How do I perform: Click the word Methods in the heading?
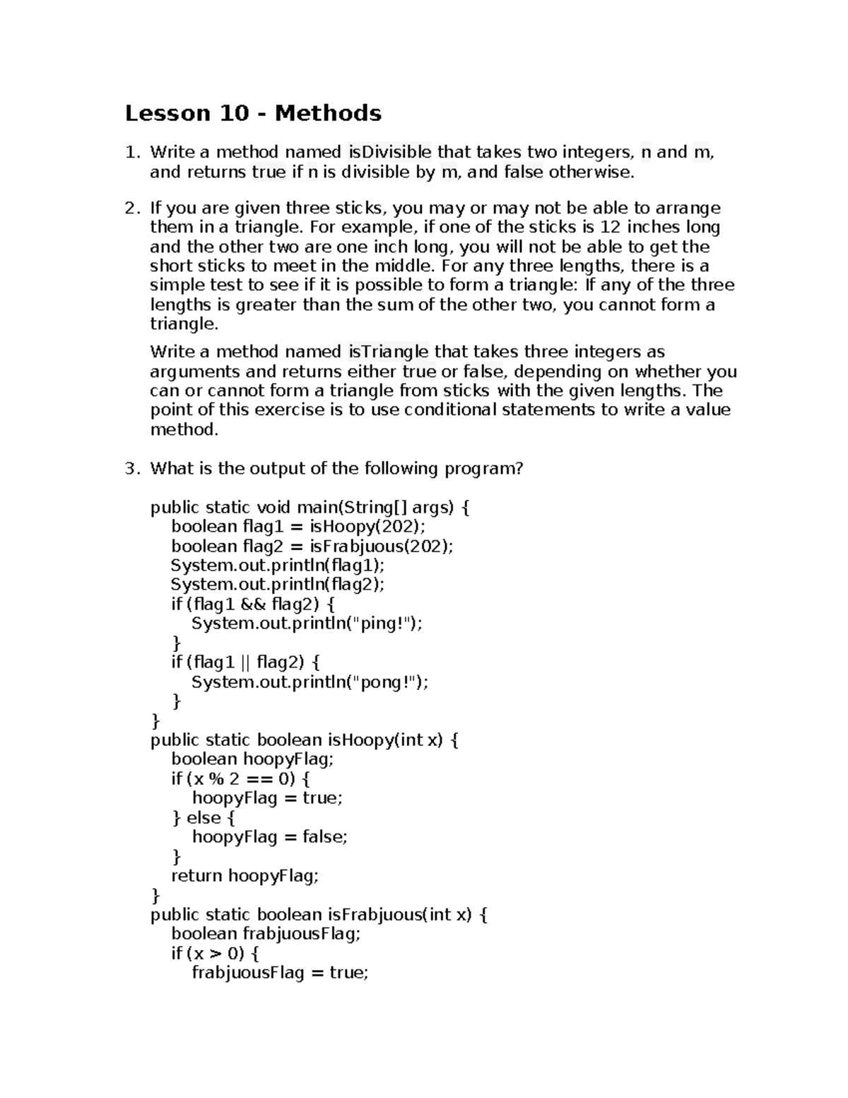[328, 113]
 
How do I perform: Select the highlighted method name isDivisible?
[389, 152]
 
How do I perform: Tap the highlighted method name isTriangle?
[388, 352]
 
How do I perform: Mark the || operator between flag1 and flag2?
[245, 662]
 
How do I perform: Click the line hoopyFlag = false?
[270, 837]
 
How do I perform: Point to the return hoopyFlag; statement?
[245, 876]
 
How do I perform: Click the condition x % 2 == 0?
[240, 779]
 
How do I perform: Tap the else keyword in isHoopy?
[204, 818]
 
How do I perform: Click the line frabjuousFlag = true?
[280, 973]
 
